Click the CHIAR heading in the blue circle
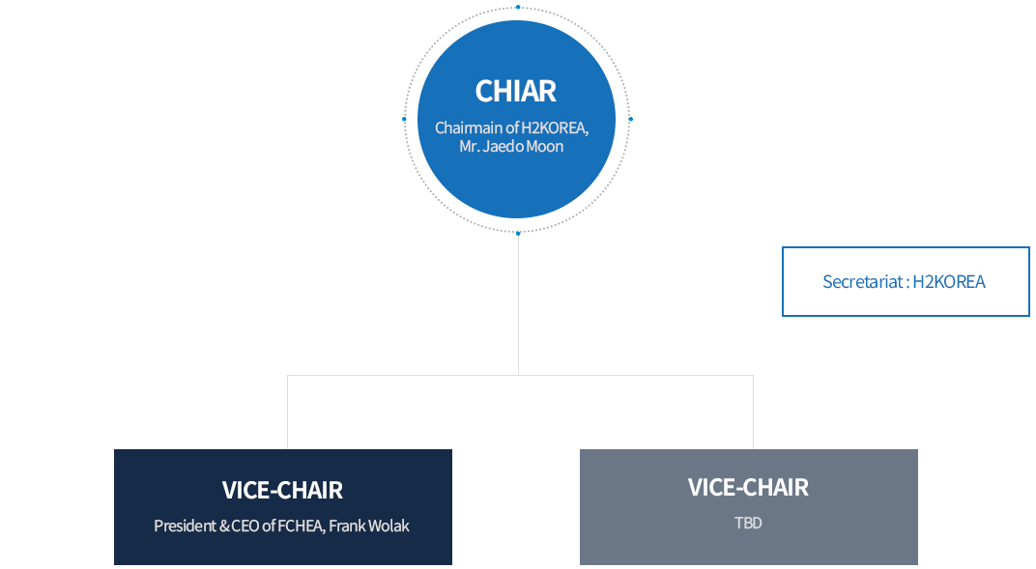pos(515,91)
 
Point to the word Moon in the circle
pos(545,146)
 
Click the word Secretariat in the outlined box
pos(862,282)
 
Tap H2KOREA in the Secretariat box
pos(949,282)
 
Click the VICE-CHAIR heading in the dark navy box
pos(282,490)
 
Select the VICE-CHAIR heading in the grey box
pos(748,487)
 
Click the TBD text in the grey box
pos(748,523)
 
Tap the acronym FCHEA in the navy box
pos(302,526)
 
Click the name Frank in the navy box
pos(346,526)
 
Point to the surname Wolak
pos(388,526)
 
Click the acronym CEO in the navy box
pos(245,526)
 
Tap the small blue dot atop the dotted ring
pos(518,8)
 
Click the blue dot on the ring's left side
pos(404,120)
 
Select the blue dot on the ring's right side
pos(631,120)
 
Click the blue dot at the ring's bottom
pos(518,233)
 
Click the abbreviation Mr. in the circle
pos(469,146)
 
